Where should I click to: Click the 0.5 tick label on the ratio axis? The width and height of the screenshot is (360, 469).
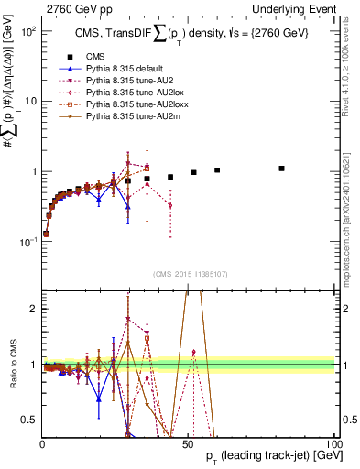pos(29,420)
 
